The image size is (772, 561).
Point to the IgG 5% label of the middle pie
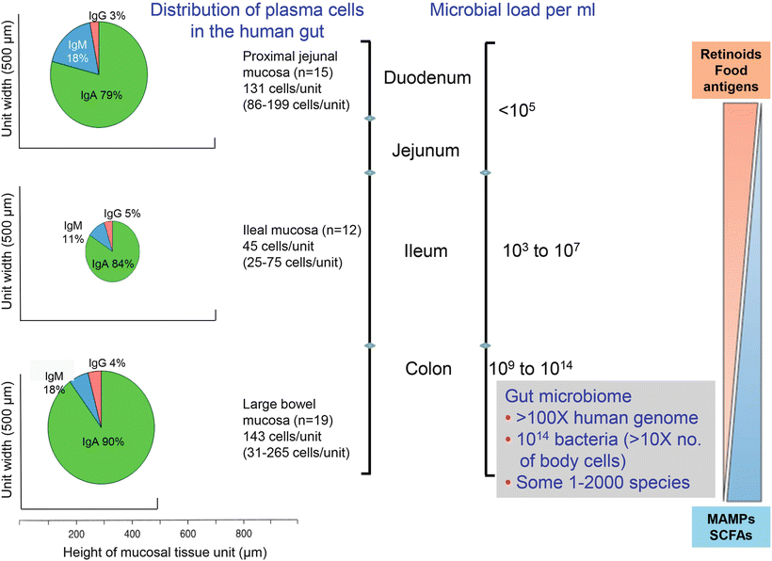click(122, 214)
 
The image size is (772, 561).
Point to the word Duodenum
click(426, 77)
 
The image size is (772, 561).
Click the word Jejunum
click(426, 150)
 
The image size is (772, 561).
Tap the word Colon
click(428, 369)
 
